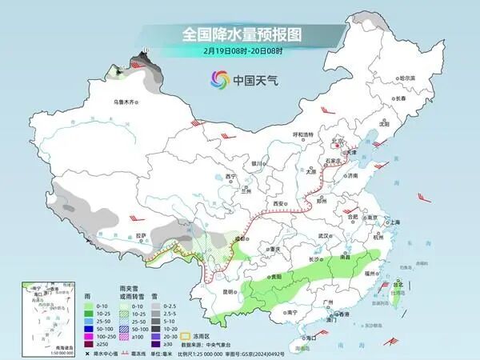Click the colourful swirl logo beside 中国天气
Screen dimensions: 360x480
click(x=218, y=79)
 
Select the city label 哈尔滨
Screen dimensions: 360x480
click(x=407, y=78)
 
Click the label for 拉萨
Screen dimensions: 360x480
click(x=141, y=235)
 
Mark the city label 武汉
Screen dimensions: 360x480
click(x=323, y=236)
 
